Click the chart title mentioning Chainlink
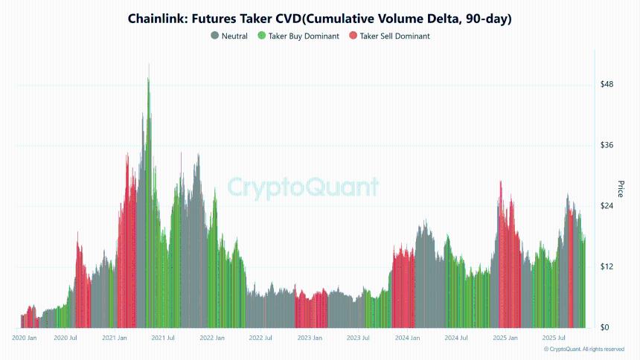(x=320, y=18)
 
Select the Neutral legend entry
(x=234, y=36)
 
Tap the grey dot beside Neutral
(x=215, y=36)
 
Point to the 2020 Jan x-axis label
(x=25, y=338)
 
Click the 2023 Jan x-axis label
(x=309, y=338)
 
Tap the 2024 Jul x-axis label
(x=456, y=338)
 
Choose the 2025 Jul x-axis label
(x=554, y=338)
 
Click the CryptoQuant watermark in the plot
(x=302, y=187)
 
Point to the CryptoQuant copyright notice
(x=583, y=349)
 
